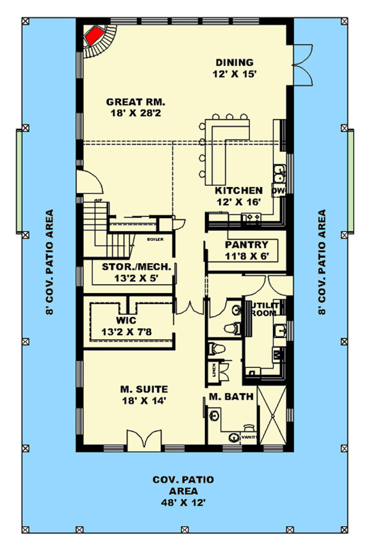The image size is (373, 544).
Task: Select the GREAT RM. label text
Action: (x=136, y=102)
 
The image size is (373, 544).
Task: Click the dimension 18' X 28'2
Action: (x=136, y=113)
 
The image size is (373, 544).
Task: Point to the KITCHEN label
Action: (x=238, y=190)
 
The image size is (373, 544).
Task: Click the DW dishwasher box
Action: (x=278, y=191)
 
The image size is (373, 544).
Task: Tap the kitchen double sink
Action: (x=279, y=173)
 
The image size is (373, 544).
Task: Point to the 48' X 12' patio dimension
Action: (x=183, y=502)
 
